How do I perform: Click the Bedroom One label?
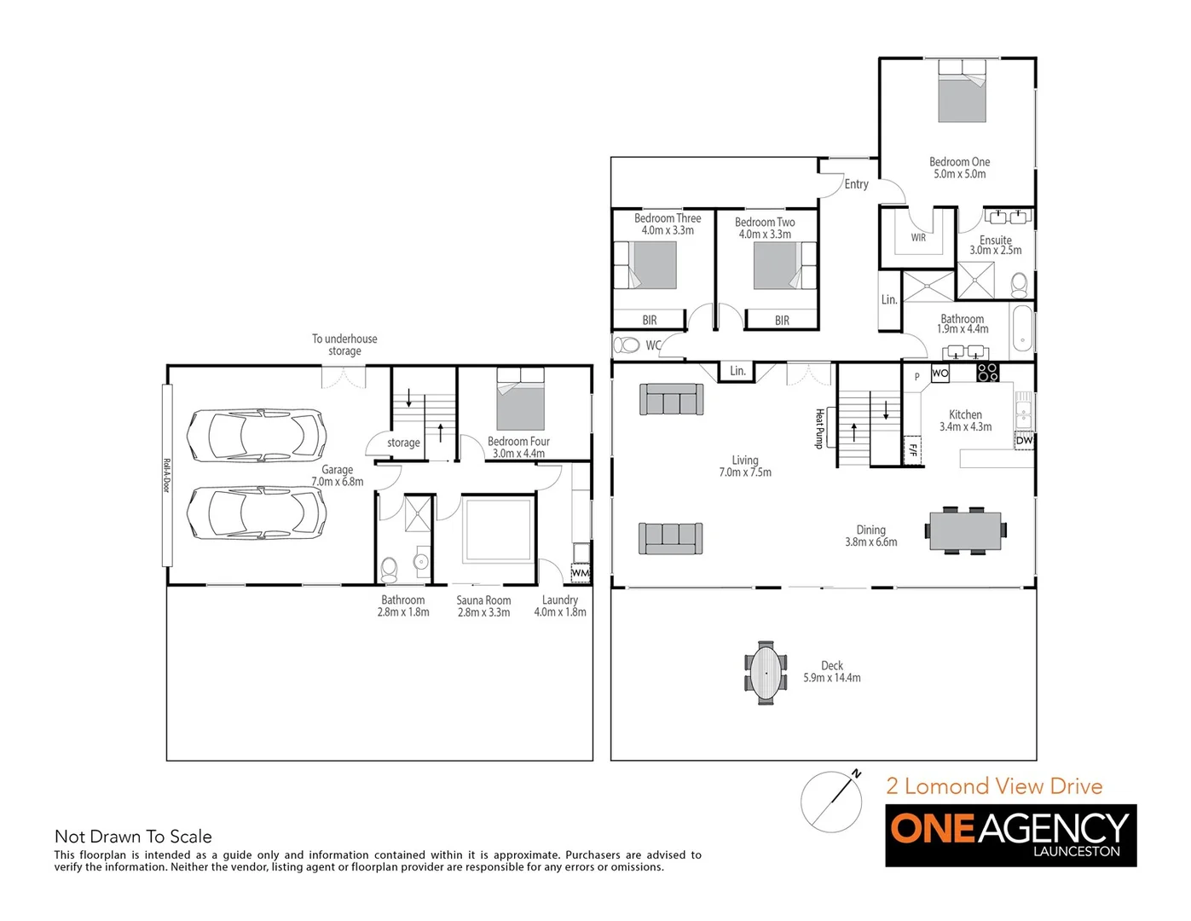[959, 162]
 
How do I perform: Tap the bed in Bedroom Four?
[520, 398]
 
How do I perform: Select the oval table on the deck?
[766, 673]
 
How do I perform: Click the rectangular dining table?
[965, 530]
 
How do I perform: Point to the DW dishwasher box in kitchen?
[1024, 440]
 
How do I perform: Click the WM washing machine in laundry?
[581, 572]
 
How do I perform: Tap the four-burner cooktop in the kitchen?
[987, 372]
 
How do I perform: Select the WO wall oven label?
[940, 373]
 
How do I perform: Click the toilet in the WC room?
[627, 345]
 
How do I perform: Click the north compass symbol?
[832, 801]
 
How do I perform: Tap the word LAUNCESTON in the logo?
[1076, 851]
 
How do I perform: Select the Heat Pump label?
[819, 427]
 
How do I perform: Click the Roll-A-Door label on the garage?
[166, 475]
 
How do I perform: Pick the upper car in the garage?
[257, 434]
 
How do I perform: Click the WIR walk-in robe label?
[918, 238]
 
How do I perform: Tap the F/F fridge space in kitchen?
[912, 449]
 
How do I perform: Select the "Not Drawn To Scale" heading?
[133, 837]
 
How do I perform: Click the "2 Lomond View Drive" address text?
[994, 786]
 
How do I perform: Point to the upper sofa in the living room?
[672, 399]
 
